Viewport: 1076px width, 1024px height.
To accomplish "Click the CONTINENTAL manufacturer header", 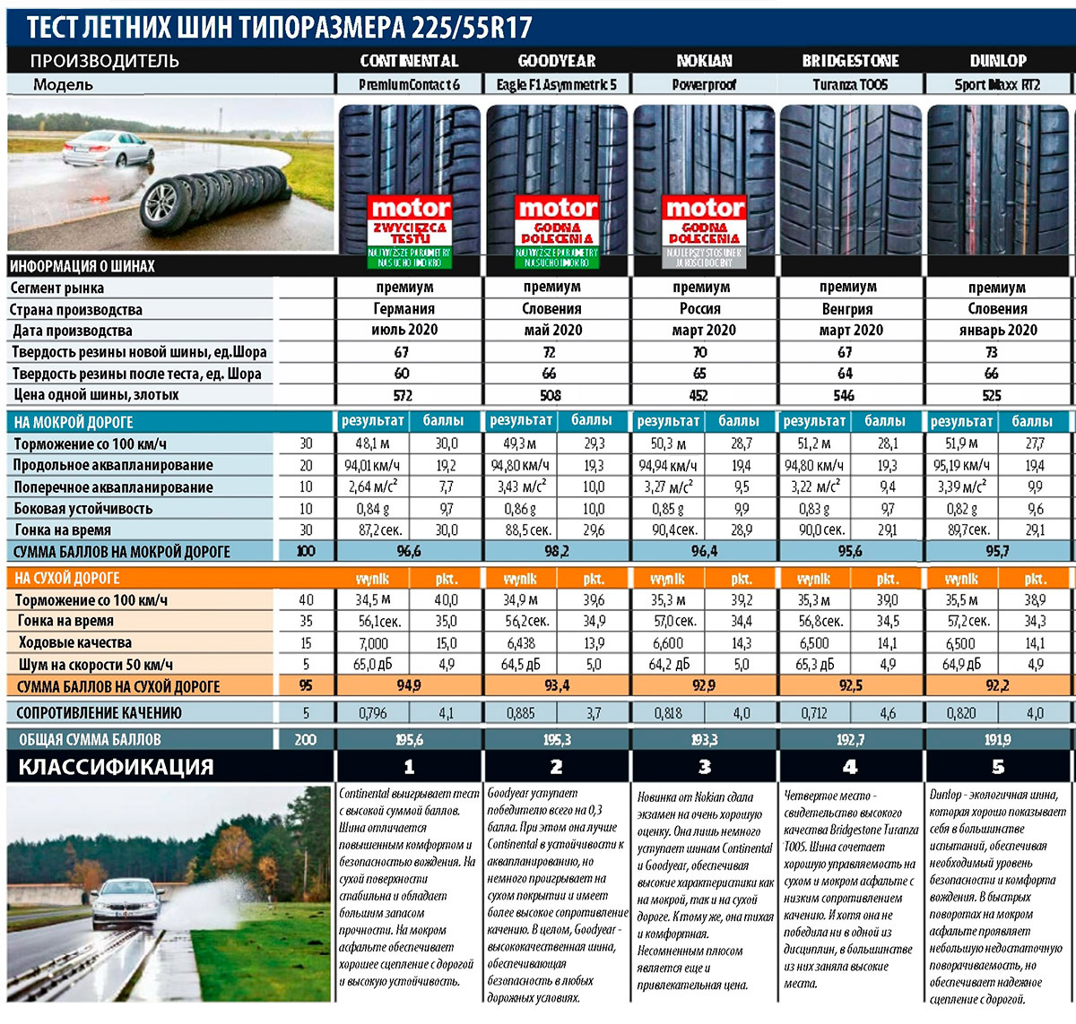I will (x=409, y=61).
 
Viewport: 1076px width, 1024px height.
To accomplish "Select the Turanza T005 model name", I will (x=849, y=84).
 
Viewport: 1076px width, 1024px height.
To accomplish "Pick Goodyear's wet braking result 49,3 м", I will (x=518, y=443).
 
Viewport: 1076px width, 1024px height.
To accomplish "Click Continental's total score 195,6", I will (x=409, y=740).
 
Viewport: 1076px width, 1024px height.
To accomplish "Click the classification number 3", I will (x=704, y=767).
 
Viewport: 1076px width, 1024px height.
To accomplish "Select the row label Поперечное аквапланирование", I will (x=113, y=487).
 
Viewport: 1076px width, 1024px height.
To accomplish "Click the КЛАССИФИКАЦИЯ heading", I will (x=117, y=767).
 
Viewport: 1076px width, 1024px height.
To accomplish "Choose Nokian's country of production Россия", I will (x=700, y=309).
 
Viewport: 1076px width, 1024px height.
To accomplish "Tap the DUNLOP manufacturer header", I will (x=997, y=61).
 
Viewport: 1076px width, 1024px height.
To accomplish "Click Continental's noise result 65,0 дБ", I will (x=373, y=665).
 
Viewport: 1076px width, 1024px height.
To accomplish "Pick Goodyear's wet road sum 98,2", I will (x=556, y=552).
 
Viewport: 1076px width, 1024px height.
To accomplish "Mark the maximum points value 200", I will (x=305, y=740).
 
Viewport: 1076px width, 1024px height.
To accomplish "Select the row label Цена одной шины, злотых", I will (x=96, y=395).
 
